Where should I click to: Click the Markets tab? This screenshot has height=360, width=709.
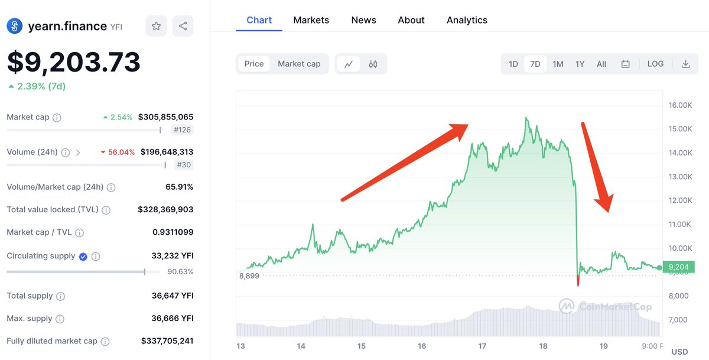[x=311, y=20]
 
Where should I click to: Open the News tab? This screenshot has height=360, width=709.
[x=363, y=20]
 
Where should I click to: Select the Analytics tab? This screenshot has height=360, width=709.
[x=467, y=20]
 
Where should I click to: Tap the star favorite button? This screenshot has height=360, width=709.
[x=156, y=26]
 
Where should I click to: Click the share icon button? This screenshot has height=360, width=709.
[x=183, y=26]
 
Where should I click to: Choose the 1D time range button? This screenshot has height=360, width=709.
[x=513, y=64]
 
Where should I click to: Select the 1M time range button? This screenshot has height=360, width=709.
[x=558, y=64]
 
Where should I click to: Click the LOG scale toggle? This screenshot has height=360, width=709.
[x=655, y=64]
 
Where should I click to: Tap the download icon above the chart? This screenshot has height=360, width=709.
[x=685, y=64]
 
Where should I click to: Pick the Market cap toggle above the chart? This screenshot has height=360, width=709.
[x=299, y=64]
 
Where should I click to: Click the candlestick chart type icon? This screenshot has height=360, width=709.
[x=373, y=64]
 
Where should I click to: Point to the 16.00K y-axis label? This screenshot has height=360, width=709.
[x=680, y=105]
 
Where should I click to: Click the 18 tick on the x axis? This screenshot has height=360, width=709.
[x=543, y=346]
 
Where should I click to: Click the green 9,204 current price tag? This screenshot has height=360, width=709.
[x=678, y=268]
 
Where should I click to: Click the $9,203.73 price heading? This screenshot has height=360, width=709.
[x=74, y=62]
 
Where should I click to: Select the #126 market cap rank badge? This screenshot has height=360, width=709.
[x=182, y=130]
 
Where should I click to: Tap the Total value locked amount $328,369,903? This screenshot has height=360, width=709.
[x=165, y=209]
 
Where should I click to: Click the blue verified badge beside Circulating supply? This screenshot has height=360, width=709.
[x=83, y=257]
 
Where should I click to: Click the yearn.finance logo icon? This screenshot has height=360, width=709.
[x=14, y=26]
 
